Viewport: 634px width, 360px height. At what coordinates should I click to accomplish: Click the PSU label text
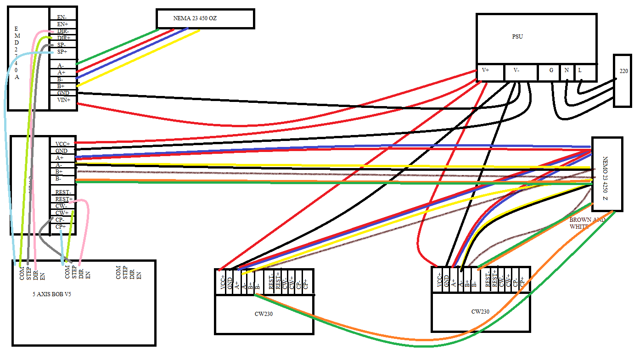pyautogui.click(x=518, y=37)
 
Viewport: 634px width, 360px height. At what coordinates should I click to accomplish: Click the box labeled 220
pyautogui.click(x=623, y=72)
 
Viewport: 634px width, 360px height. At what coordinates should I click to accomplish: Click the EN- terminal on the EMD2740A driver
pyautogui.click(x=62, y=17)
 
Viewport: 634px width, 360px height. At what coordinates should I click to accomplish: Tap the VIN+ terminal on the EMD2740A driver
pyautogui.click(x=63, y=100)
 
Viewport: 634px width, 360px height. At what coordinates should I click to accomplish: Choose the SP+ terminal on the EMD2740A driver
pyautogui.click(x=62, y=51)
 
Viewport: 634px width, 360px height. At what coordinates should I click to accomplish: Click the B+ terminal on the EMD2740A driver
pyautogui.click(x=61, y=86)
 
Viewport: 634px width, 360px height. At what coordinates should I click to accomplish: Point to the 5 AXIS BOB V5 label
pyautogui.click(x=52, y=294)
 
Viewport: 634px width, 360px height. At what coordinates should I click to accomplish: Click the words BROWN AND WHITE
pyautogui.click(x=587, y=223)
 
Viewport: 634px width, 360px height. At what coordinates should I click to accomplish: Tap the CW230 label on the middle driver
pyautogui.click(x=264, y=314)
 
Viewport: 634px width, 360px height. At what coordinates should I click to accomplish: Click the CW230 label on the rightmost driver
pyautogui.click(x=480, y=311)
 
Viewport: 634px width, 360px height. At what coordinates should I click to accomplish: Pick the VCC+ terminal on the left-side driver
pyautogui.click(x=62, y=143)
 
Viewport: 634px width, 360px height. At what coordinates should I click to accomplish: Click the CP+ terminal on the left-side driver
pyautogui.click(x=61, y=226)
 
